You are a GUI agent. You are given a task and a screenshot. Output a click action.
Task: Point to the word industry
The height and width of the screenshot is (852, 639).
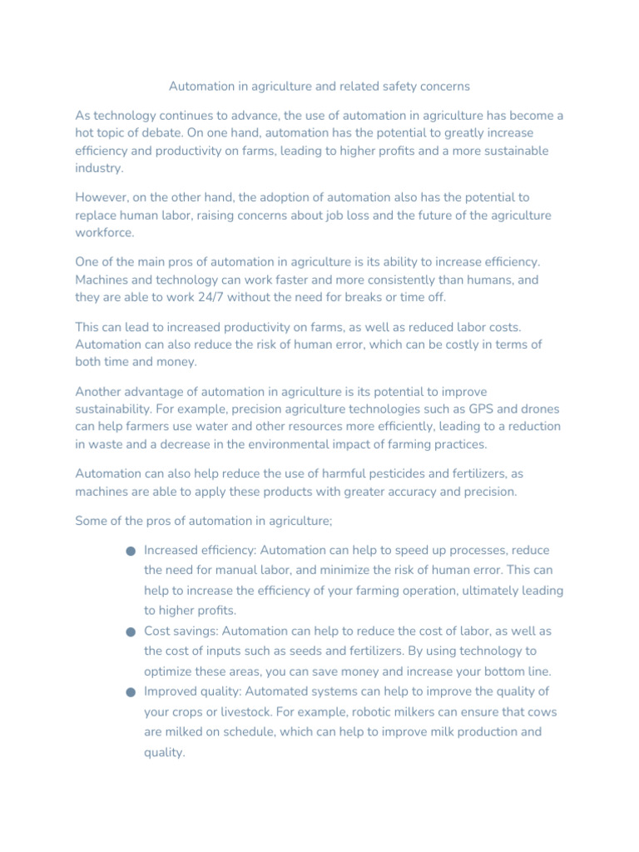(99, 168)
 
